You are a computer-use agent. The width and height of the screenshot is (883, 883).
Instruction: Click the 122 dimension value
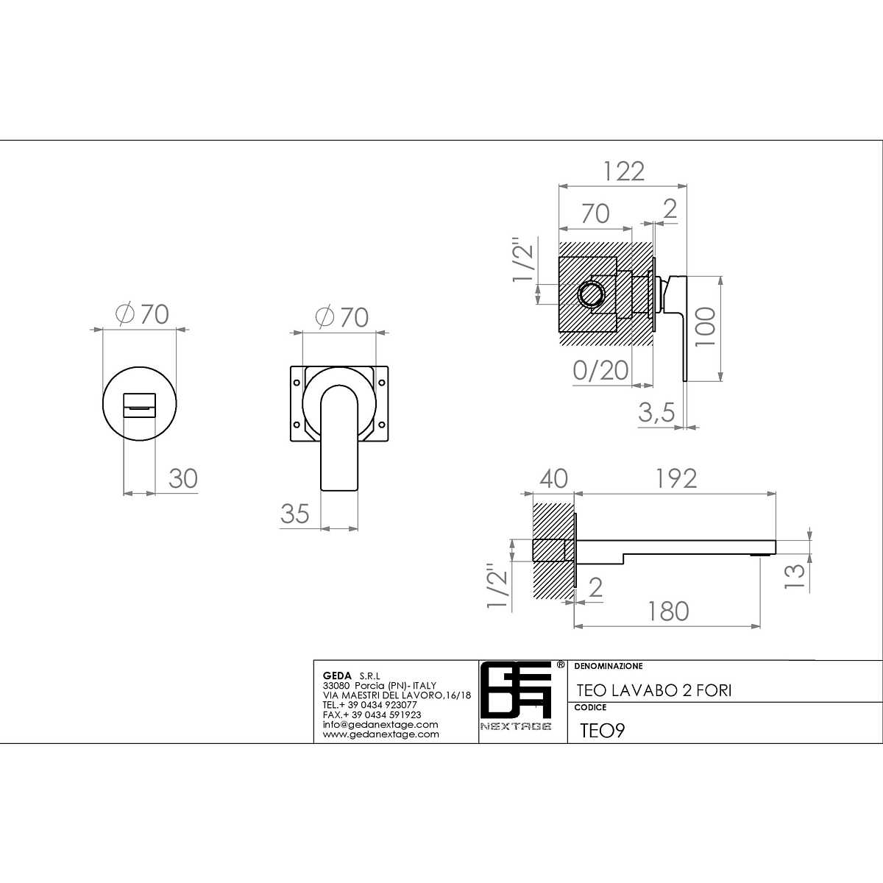(624, 171)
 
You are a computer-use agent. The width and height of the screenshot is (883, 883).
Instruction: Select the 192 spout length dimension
(676, 478)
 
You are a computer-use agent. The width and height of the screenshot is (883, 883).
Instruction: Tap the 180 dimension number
(668, 611)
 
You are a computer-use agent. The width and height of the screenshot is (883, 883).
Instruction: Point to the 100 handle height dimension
(705, 327)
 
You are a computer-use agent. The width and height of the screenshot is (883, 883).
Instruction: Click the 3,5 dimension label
(656, 412)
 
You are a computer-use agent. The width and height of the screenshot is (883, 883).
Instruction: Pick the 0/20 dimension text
(600, 370)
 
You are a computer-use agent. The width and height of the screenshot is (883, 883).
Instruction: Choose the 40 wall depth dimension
(553, 478)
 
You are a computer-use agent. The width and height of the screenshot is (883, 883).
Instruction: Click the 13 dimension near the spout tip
(795, 576)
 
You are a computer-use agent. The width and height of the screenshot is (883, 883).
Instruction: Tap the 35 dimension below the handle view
(294, 514)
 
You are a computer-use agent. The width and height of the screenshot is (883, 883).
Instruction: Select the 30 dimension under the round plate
(182, 478)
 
